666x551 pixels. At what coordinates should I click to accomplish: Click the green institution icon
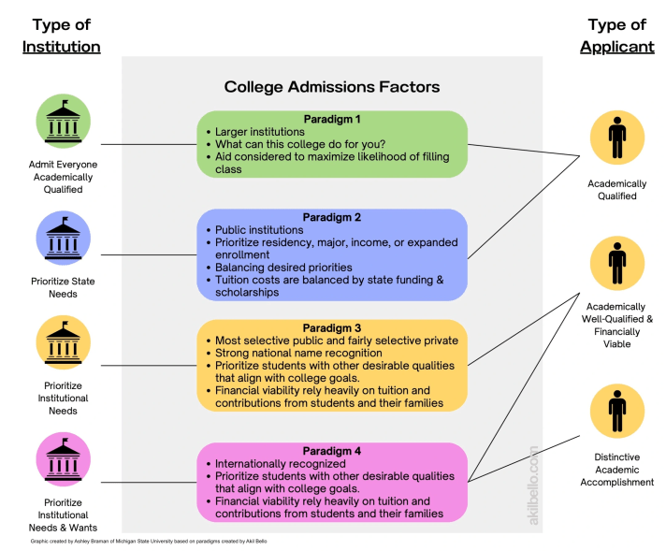click(63, 122)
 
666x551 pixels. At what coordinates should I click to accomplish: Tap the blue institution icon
click(63, 239)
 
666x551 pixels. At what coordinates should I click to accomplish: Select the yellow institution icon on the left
click(63, 343)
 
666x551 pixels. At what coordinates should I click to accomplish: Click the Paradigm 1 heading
click(332, 120)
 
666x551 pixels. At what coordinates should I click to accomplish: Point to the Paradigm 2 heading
click(332, 217)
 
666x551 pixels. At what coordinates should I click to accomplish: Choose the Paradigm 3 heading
click(332, 327)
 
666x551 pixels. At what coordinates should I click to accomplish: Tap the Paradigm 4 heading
click(332, 451)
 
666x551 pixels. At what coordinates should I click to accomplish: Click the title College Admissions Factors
click(332, 87)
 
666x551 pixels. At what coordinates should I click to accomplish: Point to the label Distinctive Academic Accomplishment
click(616, 470)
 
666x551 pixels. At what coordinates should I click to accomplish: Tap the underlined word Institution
click(62, 47)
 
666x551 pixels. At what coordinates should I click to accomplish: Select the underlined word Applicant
click(616, 47)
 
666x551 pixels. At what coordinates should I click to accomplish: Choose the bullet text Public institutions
click(259, 229)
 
